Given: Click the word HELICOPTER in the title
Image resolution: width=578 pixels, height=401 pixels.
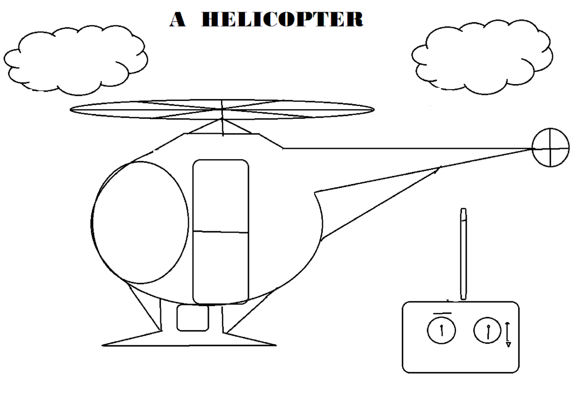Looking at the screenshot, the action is click(x=282, y=19).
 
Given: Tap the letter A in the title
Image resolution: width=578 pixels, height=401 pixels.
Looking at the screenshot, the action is click(x=177, y=20).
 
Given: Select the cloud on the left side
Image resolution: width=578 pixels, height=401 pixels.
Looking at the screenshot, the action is click(x=76, y=60).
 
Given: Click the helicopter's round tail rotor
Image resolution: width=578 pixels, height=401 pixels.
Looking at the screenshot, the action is click(x=550, y=147).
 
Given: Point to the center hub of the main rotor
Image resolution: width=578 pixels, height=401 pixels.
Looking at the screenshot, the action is click(x=222, y=109).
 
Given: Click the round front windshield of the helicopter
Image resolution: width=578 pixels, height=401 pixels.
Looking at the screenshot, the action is click(x=140, y=222).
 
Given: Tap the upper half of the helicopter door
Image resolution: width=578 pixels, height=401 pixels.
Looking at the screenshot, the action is click(x=221, y=195).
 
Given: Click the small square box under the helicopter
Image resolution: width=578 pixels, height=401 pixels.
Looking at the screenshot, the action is click(x=193, y=318).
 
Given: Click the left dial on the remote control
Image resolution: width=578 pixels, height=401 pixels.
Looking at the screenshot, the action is click(x=441, y=330).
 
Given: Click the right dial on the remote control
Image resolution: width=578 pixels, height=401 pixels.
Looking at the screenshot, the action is click(x=487, y=330).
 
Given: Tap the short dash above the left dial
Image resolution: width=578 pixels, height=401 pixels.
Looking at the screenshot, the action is click(x=442, y=313).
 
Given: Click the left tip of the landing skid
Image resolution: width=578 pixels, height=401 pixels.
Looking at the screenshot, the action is click(x=104, y=345).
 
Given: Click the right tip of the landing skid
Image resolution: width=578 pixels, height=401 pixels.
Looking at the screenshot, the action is click(x=275, y=345).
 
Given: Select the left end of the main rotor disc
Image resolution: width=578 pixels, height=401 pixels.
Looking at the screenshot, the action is click(x=72, y=109).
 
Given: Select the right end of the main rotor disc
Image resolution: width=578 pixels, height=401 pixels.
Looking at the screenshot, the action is click(x=373, y=109).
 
